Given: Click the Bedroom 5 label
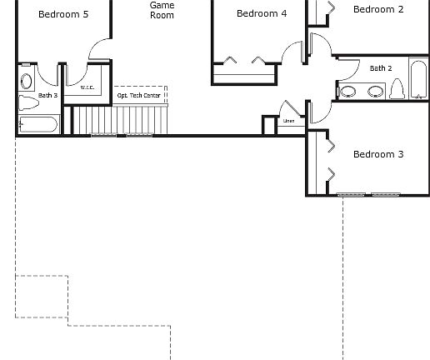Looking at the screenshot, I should [63, 14].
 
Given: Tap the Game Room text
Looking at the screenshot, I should [162, 10].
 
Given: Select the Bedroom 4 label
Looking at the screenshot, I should [262, 13].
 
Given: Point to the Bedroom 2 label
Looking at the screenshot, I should [378, 10].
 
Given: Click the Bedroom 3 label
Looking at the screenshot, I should [378, 154].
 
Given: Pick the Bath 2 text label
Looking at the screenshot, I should [381, 68].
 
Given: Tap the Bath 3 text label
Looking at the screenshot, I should [25, 96].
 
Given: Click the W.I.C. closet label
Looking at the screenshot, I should [87, 87].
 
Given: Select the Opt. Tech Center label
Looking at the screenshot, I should [138, 96].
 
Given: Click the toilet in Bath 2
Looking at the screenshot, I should [397, 88].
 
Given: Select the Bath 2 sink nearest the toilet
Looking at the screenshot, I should [376, 91].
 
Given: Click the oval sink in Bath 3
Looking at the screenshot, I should [26, 80].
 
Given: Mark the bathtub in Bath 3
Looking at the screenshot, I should [37, 125].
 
